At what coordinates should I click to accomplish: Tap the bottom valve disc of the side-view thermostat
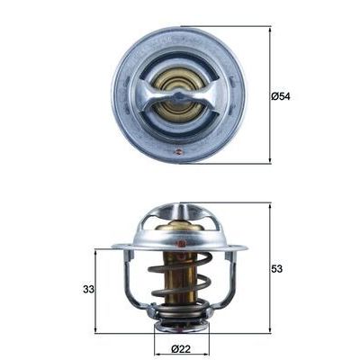(x=180, y=321)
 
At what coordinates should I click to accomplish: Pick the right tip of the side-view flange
(x=245, y=247)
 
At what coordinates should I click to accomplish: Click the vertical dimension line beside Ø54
(x=270, y=94)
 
